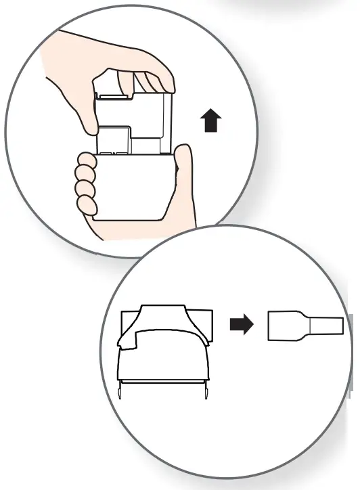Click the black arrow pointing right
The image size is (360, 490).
coord(241,326)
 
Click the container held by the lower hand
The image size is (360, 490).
coord(129,190)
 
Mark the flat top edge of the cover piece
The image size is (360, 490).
coord(162,307)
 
